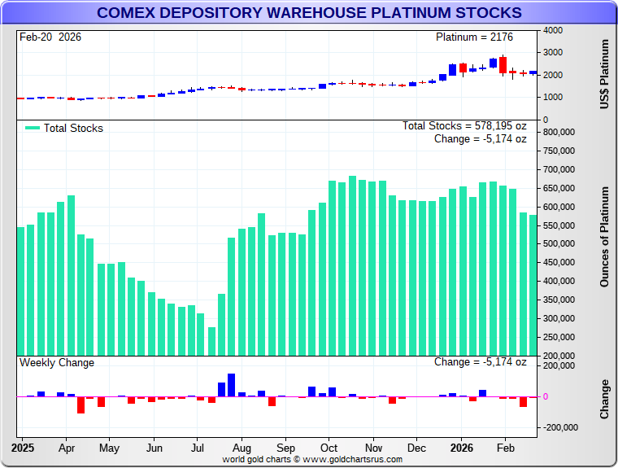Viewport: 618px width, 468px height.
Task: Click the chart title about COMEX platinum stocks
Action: click(309, 13)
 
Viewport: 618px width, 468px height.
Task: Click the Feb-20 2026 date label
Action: click(50, 37)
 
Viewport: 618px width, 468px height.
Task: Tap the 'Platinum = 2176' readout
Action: click(474, 37)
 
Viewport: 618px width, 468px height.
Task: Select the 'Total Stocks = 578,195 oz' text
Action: click(464, 126)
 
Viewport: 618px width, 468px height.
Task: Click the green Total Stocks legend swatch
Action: click(33, 128)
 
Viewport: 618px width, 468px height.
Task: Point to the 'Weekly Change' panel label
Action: click(57, 363)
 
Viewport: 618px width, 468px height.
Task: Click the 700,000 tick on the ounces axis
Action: click(560, 169)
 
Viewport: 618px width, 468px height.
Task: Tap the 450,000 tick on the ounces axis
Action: click(560, 263)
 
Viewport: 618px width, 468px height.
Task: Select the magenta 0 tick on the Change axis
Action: click(545, 396)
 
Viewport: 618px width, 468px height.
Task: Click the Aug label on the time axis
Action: click(241, 448)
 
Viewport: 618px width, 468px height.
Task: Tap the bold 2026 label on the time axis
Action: click(462, 448)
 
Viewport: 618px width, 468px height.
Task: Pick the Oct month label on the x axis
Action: click(329, 448)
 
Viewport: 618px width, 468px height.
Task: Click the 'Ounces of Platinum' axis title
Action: click(605, 237)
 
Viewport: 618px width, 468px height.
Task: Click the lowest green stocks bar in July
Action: click(211, 341)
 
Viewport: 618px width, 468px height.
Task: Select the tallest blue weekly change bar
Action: click(231, 385)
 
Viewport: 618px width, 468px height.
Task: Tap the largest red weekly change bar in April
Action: click(81, 405)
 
